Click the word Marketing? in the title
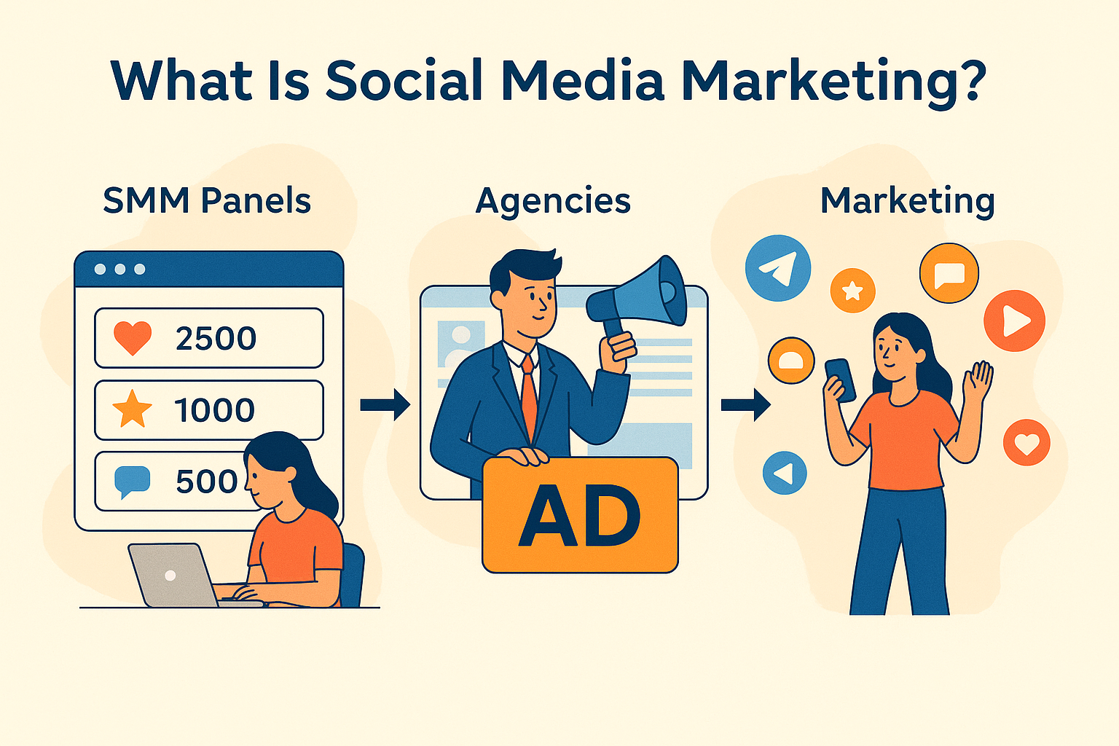coord(833,82)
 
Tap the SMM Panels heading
coord(207,200)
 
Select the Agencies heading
coord(553,200)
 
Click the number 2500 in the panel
coord(216,339)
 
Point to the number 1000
coord(214,410)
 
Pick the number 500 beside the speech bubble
coord(206,482)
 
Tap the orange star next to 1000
coord(132,409)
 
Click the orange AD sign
coord(580,515)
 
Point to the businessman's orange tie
coord(529,397)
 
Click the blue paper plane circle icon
coord(778,268)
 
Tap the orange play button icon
coord(1014,321)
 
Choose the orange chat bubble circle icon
coord(949,274)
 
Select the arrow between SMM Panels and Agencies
coord(385,404)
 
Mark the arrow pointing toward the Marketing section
coord(745,404)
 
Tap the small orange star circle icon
coord(852,291)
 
